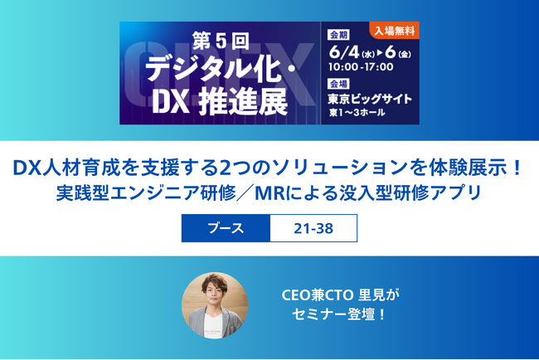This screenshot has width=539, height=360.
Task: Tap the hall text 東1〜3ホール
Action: coord(357,113)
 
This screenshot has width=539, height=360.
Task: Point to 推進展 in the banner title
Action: coord(244,101)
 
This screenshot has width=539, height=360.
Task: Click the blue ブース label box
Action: coord(226,228)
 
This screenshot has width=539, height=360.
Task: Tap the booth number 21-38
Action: coord(313,228)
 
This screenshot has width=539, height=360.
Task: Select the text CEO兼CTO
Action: coord(312,294)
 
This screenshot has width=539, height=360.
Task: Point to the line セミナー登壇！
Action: coord(340,316)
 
